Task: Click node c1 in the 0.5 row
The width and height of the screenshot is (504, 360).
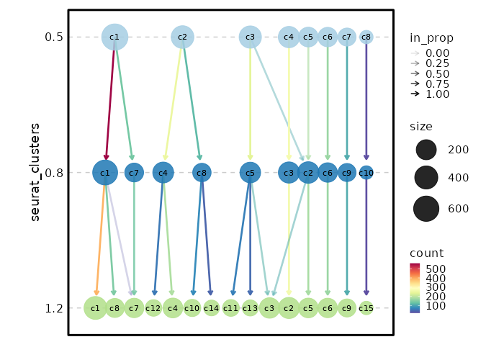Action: pos(114,37)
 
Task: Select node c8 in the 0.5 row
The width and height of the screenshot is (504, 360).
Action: pos(366,37)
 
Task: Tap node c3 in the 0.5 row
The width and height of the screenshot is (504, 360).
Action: pos(250,37)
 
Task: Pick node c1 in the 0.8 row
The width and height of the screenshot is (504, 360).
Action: pos(105,173)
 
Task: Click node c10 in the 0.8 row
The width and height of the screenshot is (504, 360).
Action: pos(366,173)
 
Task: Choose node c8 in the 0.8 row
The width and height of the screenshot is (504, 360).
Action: pos(202,173)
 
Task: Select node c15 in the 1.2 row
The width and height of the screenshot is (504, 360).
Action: pos(366,308)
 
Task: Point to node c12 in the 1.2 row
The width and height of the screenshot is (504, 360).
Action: pos(153,308)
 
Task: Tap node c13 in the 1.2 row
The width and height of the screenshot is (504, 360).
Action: pos(250,308)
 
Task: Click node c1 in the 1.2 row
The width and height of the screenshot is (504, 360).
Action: pos(95,308)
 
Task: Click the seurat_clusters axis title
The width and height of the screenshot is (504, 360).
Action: pos(35,172)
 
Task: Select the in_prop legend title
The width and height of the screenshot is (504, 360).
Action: pos(431,38)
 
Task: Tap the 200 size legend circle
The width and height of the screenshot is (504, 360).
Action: pos(426,150)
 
